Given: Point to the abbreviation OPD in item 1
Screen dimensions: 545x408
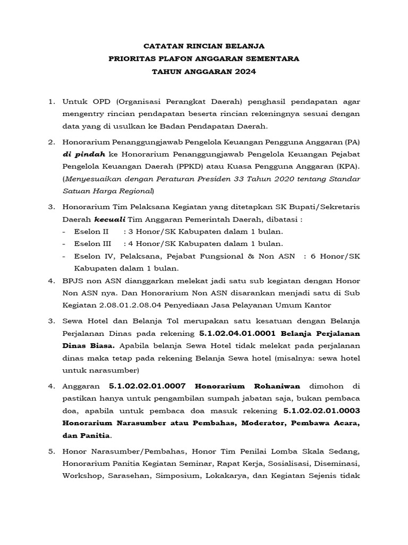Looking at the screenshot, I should coord(93,101).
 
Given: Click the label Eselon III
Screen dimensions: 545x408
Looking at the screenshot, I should coord(91,244).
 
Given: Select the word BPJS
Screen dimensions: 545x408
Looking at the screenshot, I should coord(73,280).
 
